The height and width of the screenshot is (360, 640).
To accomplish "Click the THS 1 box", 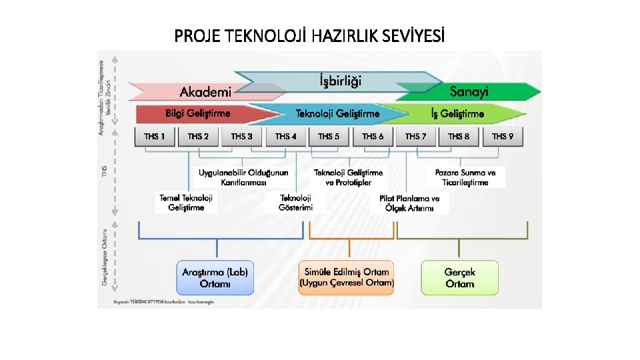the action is click(x=155, y=137).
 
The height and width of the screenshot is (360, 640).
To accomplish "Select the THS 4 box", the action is click(x=285, y=137).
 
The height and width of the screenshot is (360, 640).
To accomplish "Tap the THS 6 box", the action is click(x=373, y=137).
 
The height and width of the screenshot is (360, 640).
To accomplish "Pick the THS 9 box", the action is click(x=502, y=137).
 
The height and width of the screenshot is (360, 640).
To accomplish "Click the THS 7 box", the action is click(x=415, y=137).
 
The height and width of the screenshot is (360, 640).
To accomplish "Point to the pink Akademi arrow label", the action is click(x=205, y=92).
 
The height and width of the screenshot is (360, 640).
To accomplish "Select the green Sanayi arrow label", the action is click(x=469, y=92).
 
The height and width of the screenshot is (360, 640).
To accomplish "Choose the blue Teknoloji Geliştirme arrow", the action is click(x=337, y=114).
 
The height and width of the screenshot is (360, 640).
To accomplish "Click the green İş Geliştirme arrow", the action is click(x=457, y=114).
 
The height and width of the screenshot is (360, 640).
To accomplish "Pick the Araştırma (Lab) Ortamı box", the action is click(x=215, y=277).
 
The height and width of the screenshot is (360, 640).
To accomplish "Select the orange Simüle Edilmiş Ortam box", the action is click(x=347, y=277).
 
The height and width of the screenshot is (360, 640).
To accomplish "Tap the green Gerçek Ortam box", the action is click(x=460, y=277).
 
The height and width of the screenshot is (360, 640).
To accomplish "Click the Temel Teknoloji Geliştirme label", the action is click(x=187, y=203).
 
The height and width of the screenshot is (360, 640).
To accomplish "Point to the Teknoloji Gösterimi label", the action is click(x=295, y=203).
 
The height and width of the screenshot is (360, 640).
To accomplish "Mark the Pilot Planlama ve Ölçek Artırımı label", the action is click(x=409, y=203).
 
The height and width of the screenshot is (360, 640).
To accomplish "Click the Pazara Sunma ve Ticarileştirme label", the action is click(x=465, y=177).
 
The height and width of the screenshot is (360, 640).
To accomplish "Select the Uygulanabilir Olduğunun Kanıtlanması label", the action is click(x=243, y=177).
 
